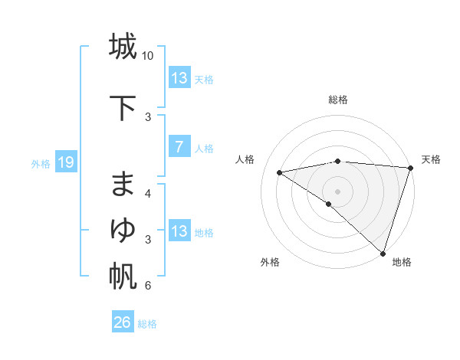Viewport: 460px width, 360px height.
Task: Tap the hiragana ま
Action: pyautogui.click(x=122, y=185)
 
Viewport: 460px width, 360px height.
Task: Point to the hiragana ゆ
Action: pyautogui.click(x=122, y=229)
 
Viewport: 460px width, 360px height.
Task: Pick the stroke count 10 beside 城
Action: pyautogui.click(x=148, y=56)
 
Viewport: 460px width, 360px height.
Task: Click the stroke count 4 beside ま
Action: pyautogui.click(x=148, y=194)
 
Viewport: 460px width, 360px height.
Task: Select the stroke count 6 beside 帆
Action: pyautogui.click(x=148, y=286)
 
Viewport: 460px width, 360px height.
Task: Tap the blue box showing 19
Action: pyautogui.click(x=66, y=162)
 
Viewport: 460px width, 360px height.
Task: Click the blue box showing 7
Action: pyautogui.click(x=179, y=148)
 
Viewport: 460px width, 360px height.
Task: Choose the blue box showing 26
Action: pyautogui.click(x=123, y=322)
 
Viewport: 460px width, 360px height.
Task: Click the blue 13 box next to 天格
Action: pyautogui.click(x=179, y=78)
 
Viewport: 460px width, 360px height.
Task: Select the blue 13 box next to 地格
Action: pyautogui.click(x=179, y=231)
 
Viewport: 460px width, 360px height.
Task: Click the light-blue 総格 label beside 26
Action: pyautogui.click(x=147, y=324)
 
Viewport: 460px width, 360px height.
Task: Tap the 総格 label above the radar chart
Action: pyautogui.click(x=338, y=100)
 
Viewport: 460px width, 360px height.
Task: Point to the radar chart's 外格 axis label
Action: pyautogui.click(x=270, y=262)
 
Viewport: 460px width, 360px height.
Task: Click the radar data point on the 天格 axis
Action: pyautogui.click(x=410, y=168)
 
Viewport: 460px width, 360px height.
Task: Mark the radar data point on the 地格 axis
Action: pyautogui.click(x=383, y=253)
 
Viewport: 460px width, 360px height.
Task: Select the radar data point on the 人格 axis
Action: pyautogui.click(x=279, y=172)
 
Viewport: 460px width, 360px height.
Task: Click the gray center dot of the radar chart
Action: pyautogui.click(x=337, y=190)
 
